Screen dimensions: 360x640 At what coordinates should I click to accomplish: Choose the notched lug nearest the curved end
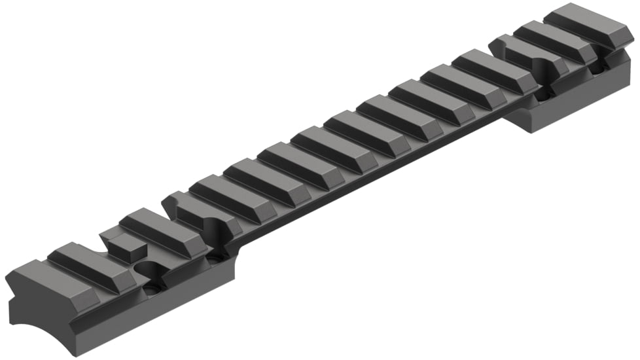(x=196, y=209)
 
